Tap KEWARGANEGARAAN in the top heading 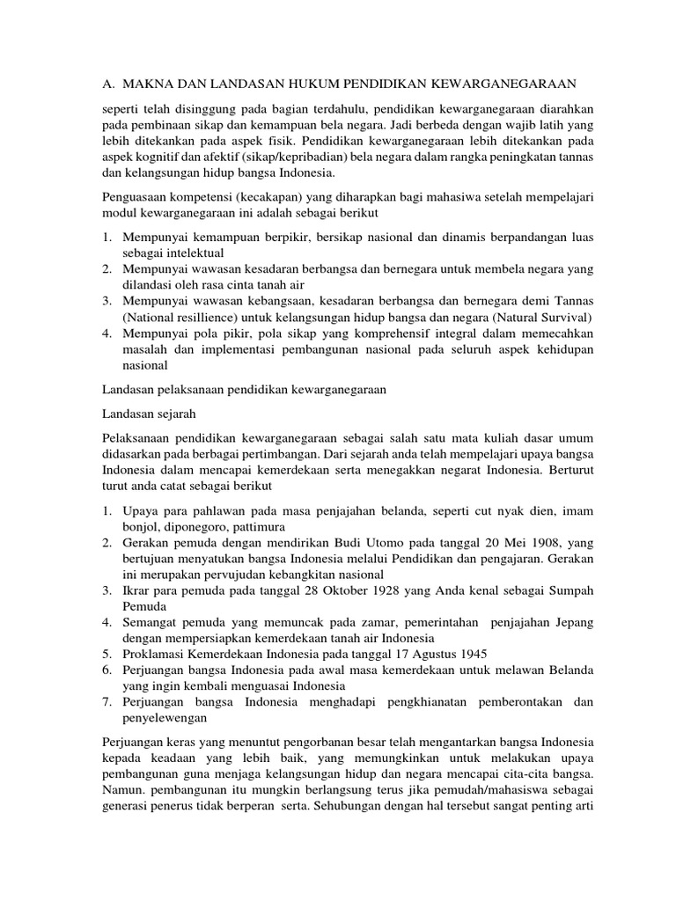pos(500,84)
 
